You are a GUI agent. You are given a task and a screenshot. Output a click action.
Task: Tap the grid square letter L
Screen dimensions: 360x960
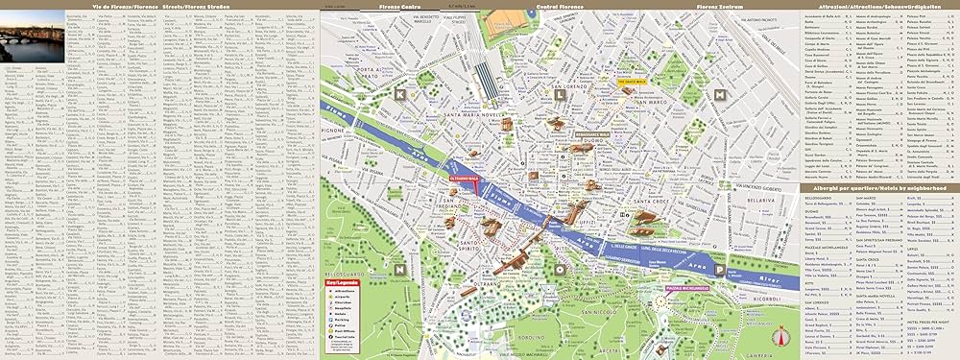[x=560, y=95]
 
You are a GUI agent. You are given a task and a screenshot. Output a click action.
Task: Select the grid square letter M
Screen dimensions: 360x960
[x=720, y=95]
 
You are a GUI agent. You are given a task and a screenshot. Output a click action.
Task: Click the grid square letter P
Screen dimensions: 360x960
[x=719, y=271]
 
